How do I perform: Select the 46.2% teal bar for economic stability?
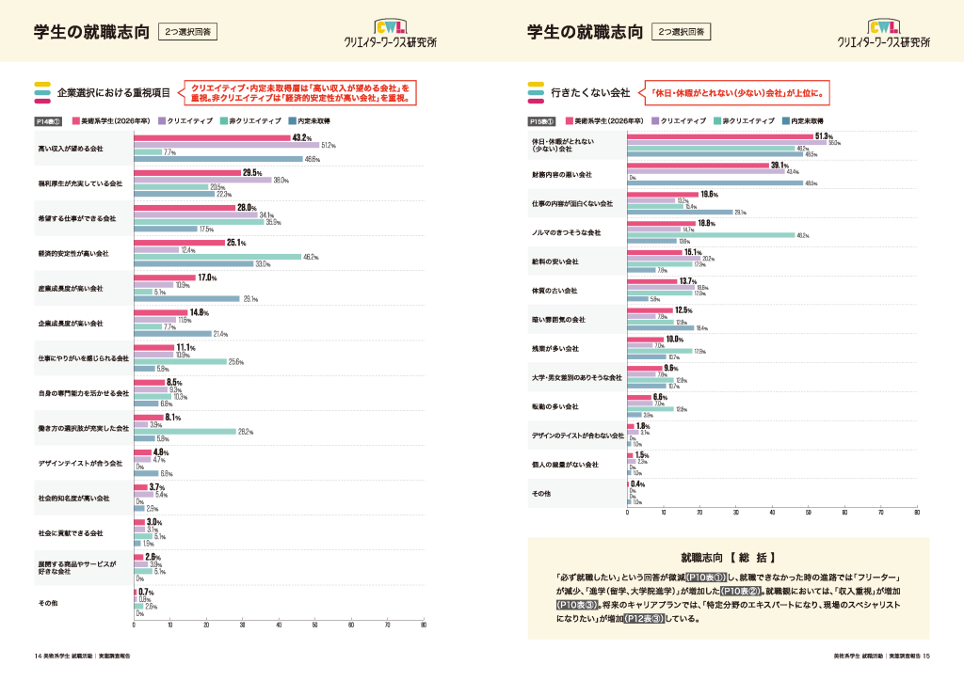[x=217, y=257]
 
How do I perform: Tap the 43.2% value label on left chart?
[x=301, y=137]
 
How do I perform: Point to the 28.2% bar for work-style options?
[x=185, y=432]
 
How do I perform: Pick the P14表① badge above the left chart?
[x=48, y=121]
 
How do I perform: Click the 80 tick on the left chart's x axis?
[x=424, y=625]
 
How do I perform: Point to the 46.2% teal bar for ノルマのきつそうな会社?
[x=711, y=235]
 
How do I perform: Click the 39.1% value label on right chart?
[x=779, y=166]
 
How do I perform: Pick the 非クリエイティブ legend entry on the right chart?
[x=746, y=121]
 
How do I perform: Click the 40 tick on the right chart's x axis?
[x=772, y=514]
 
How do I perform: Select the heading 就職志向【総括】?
[x=728, y=557]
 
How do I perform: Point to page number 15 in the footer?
[x=926, y=656]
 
